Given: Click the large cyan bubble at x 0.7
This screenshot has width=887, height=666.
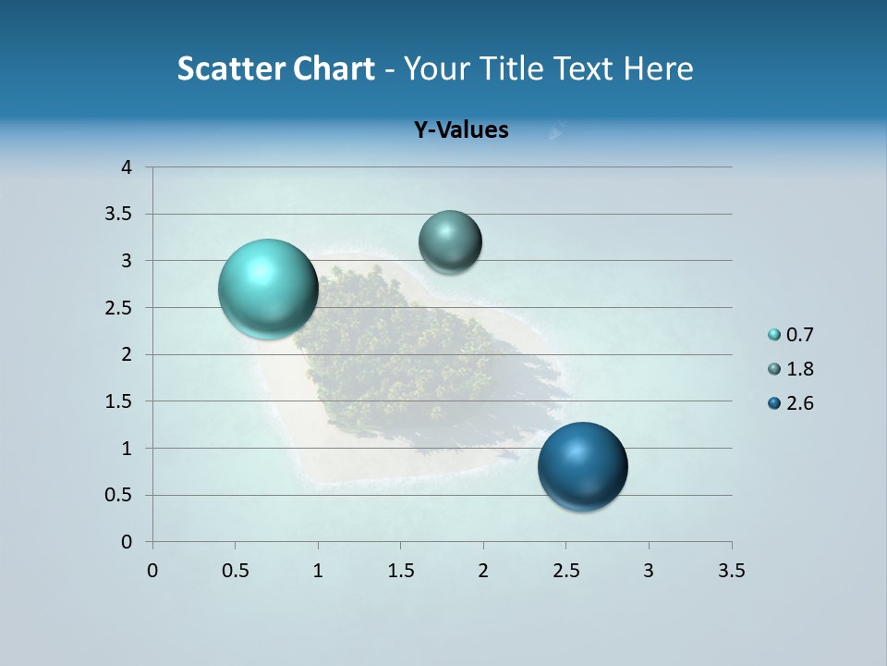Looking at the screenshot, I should (269, 289).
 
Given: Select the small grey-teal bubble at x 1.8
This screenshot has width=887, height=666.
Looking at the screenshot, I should (450, 241).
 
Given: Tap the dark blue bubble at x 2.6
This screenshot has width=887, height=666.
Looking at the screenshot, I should (583, 466).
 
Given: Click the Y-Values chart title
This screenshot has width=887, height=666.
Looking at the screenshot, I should (461, 129).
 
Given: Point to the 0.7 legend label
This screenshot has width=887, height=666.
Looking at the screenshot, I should (800, 335).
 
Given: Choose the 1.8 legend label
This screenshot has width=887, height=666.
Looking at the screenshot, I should (800, 369).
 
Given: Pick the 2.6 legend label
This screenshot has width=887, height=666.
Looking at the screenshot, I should (800, 403).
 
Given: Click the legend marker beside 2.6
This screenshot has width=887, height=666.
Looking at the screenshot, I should (774, 403).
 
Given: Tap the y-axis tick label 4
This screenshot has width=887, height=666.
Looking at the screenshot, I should (127, 167).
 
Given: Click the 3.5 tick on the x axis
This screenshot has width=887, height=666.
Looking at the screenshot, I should (731, 571).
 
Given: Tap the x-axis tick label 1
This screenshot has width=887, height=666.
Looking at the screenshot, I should (318, 571).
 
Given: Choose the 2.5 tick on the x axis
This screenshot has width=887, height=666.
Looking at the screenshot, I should (565, 571).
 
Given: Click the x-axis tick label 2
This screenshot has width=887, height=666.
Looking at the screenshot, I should (483, 571).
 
